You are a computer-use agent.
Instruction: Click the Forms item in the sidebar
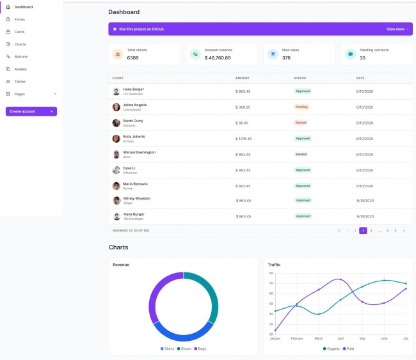pos(19,19)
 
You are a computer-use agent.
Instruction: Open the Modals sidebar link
pos(20,69)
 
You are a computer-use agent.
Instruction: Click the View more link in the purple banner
pos(397,29)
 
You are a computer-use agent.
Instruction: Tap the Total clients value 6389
pos(133,58)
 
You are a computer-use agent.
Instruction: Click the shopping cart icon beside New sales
pos(272,54)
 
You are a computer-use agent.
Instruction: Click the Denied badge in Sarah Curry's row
pos(301,122)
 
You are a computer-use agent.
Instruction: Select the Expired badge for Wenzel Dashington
pos(301,154)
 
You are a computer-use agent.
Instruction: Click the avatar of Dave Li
pos(116,170)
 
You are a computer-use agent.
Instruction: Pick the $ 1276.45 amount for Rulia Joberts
pos(244,138)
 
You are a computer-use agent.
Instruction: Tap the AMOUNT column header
pos(243,78)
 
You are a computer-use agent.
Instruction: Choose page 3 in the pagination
pos(363,230)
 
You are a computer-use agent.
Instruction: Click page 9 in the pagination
pos(396,230)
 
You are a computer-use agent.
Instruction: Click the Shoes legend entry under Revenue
pos(184,348)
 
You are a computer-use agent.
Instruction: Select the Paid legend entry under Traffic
pos(349,348)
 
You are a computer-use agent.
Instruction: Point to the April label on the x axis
pos(340,338)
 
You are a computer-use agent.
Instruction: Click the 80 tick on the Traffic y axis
pos(271,273)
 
